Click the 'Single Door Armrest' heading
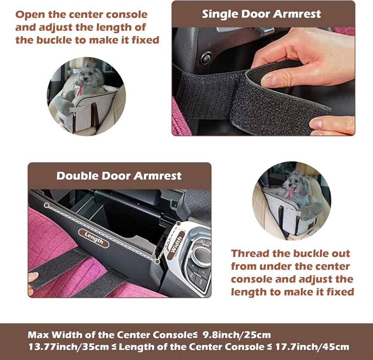pyautogui.click(x=261, y=14)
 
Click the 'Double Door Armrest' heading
pyautogui.click(x=119, y=176)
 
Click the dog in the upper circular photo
pyautogui.click(x=88, y=78)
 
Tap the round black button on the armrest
pyautogui.click(x=206, y=57)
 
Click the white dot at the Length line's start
pyautogui.click(x=46, y=205)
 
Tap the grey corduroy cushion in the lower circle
pyautogui.click(x=313, y=208)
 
